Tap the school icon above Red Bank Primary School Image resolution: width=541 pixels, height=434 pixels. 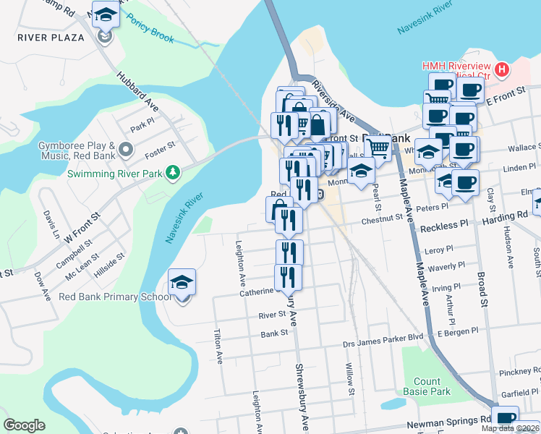[x=182, y=282]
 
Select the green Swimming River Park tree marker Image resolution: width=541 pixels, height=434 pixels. [x=172, y=171]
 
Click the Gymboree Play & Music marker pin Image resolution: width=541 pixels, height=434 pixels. [x=126, y=150]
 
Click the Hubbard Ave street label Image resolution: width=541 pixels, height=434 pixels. [x=137, y=90]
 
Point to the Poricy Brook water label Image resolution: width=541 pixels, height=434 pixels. [x=150, y=31]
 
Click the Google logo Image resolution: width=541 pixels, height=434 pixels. [x=24, y=425]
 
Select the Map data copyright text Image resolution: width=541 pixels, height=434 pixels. [x=510, y=428]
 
